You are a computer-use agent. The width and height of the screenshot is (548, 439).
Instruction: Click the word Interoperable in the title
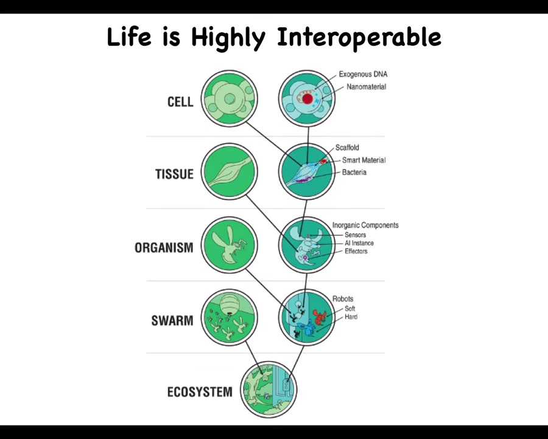pos(359,37)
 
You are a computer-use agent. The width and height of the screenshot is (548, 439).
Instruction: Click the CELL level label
pos(180,102)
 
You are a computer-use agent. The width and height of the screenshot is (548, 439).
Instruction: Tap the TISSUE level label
pos(174,174)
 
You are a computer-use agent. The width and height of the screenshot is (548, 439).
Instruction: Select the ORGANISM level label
pos(164,248)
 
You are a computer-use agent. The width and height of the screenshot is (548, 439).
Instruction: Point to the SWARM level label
pos(172,320)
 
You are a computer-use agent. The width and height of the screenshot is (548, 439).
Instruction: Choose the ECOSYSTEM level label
pos(200,391)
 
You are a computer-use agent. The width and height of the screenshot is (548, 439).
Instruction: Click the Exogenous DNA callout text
pos(363,74)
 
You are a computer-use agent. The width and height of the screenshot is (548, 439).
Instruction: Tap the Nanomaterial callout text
pos(367,87)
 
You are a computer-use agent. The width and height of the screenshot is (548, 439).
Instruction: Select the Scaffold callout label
pos(347,148)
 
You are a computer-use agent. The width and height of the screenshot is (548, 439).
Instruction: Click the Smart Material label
pos(364,160)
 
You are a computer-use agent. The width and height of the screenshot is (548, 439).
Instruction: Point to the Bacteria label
pos(354,172)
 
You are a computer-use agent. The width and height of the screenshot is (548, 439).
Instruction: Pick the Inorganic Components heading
pos(365,225)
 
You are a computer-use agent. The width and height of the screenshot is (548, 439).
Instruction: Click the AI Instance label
pos(359,243)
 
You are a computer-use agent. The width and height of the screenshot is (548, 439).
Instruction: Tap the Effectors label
pos(356,251)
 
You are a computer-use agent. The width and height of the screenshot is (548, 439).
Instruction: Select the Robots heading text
pos(342,299)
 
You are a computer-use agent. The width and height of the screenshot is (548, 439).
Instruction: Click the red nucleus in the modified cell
pos(307,99)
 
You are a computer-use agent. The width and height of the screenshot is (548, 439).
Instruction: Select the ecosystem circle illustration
pos(269,390)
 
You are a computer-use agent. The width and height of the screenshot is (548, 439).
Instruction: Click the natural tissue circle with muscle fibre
pos(230,171)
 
